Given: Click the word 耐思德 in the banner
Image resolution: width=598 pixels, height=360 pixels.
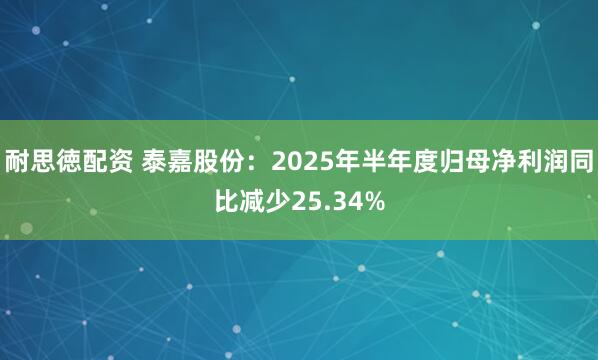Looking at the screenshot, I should (42, 161).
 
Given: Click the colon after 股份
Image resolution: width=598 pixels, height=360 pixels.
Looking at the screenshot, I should (253, 161).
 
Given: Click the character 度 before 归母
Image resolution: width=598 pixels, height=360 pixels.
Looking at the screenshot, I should (413, 161).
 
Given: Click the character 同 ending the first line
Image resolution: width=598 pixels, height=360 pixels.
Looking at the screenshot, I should (580, 161).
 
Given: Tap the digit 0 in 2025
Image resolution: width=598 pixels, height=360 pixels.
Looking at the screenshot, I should (290, 161).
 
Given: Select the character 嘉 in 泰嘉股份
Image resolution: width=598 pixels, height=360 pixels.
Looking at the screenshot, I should (182, 161).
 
